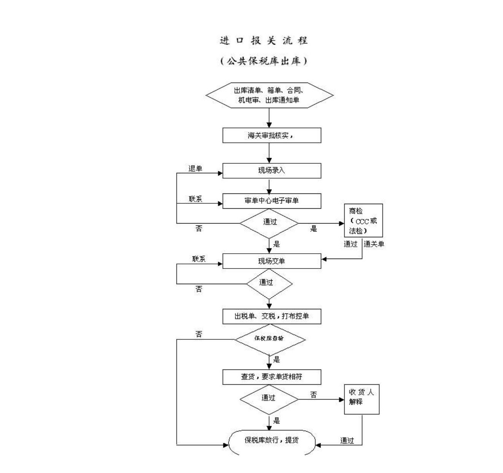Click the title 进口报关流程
click(x=264, y=41)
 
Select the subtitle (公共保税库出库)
click(x=264, y=61)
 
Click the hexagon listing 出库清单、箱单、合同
click(x=269, y=95)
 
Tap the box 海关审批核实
click(x=272, y=136)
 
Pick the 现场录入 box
click(x=272, y=171)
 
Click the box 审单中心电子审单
click(x=272, y=201)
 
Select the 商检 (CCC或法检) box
click(x=363, y=221)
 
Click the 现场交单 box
click(x=272, y=261)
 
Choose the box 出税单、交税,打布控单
click(x=272, y=316)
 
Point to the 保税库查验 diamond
click(x=269, y=339)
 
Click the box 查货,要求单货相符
click(x=272, y=377)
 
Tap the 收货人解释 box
click(x=361, y=399)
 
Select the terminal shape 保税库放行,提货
click(x=272, y=441)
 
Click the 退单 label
click(x=196, y=169)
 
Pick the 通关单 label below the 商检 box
click(x=374, y=244)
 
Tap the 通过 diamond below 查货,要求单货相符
click(x=269, y=398)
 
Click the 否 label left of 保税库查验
click(x=199, y=334)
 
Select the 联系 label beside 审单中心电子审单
click(x=196, y=199)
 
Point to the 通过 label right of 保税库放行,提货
click(x=347, y=441)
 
